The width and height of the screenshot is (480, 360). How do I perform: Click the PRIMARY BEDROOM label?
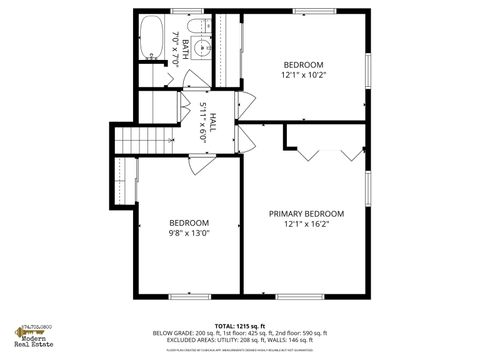click(x=306, y=213)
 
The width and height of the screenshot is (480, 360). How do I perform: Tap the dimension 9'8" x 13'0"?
click(x=188, y=233)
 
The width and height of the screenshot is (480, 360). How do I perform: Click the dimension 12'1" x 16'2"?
click(x=306, y=224)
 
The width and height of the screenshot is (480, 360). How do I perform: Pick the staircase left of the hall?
click(x=127, y=141)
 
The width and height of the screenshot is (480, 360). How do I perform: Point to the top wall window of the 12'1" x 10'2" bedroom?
click(x=308, y=11)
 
